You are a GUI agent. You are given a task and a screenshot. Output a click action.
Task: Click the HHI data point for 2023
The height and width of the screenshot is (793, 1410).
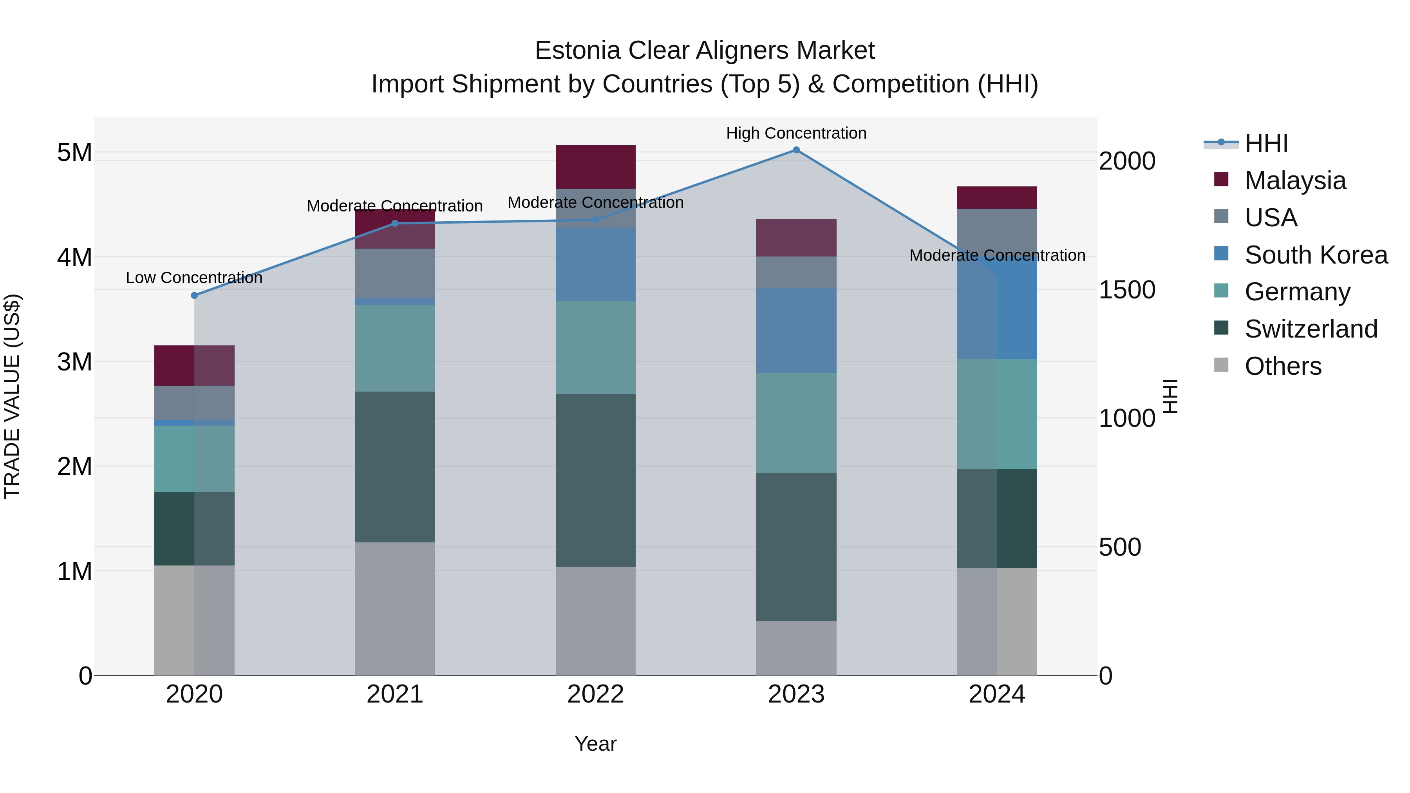796,150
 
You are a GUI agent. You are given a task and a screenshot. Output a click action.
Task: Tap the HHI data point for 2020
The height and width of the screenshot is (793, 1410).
194,296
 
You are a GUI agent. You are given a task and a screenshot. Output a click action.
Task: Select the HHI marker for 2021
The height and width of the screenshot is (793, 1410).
395,223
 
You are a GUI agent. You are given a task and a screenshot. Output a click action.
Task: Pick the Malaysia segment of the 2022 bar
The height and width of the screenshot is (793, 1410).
595,167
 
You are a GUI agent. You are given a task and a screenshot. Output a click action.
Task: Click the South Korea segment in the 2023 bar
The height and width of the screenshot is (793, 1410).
796,331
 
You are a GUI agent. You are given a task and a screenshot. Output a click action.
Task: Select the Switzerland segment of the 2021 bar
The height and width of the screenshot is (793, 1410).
395,467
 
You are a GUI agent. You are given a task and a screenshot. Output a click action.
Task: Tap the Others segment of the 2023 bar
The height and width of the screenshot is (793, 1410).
796,648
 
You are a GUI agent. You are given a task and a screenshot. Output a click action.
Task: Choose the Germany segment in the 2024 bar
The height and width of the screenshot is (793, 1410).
997,414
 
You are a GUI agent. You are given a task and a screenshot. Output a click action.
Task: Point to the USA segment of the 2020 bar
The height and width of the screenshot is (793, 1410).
194,403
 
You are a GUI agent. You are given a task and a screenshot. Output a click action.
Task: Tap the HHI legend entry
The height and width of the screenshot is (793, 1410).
1265,143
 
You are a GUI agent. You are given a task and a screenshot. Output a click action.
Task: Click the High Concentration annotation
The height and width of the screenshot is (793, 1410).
796,133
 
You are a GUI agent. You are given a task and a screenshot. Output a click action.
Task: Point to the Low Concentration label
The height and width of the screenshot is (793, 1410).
194,278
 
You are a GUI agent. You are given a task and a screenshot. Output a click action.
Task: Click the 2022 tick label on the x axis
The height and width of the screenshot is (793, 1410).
595,694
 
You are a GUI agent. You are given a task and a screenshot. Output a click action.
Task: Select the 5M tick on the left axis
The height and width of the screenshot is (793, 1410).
74,153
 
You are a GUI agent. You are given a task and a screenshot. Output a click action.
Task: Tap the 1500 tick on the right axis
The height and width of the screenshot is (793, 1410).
1127,290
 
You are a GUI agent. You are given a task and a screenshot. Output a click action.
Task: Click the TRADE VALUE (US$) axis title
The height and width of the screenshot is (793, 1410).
13,396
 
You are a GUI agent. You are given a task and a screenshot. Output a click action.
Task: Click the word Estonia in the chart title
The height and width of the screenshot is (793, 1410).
577,51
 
